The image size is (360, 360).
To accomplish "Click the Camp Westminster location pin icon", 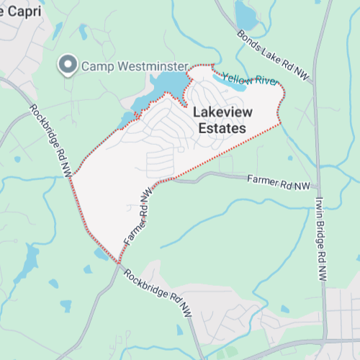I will (x=69, y=65).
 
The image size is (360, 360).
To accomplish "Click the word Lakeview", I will (x=220, y=113).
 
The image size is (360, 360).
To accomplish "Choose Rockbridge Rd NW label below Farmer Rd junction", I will (x=158, y=294).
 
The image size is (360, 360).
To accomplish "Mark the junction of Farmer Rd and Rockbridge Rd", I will (x=118, y=263).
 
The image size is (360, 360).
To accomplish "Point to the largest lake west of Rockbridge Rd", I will (x=29, y=263).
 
